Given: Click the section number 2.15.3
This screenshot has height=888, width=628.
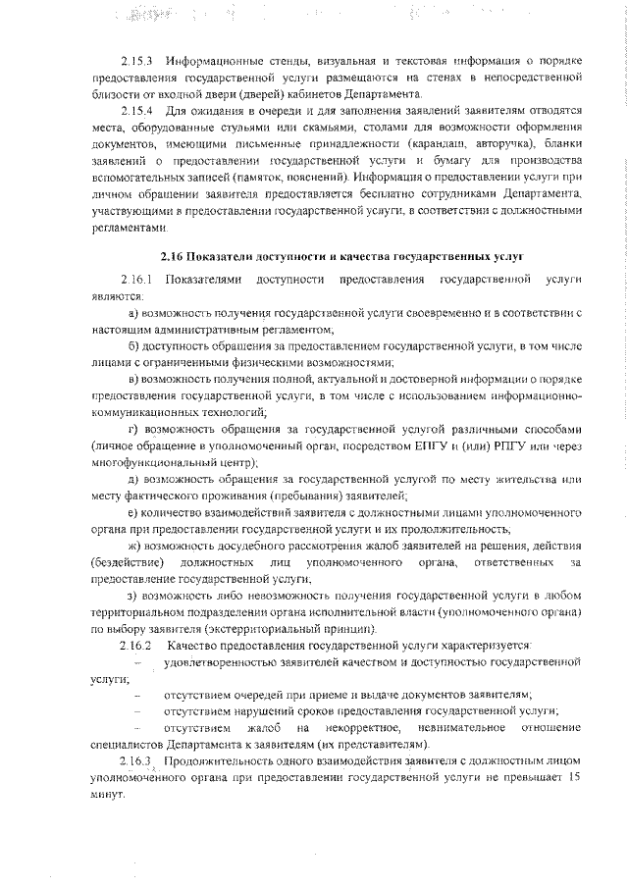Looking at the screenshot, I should coord(136,62).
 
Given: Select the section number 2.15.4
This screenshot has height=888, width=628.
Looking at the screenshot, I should coord(136,112).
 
